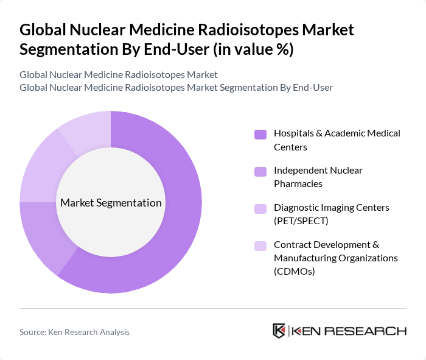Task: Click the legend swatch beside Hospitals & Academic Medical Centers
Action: (260, 134)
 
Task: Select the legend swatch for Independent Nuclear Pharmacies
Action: (260, 171)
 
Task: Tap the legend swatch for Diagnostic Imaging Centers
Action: (260, 208)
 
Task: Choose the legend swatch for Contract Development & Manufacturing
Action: (260, 245)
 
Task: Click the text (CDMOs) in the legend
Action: (295, 271)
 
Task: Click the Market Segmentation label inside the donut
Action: (111, 203)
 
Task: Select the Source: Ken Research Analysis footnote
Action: (74, 332)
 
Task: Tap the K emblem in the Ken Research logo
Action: (279, 331)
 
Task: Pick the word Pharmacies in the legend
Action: (298, 183)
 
